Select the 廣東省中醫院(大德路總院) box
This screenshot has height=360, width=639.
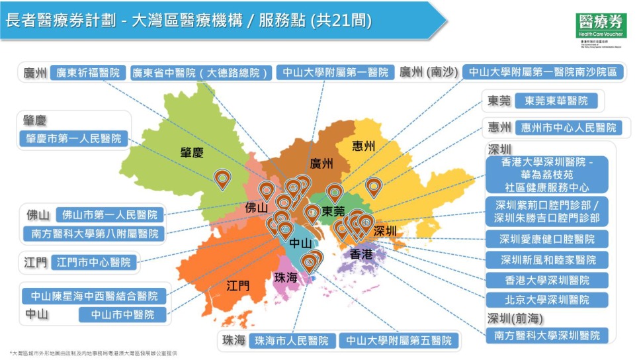click(x=200, y=72)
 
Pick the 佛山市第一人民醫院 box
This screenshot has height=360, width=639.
click(x=110, y=215)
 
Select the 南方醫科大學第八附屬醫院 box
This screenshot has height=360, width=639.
click(x=95, y=234)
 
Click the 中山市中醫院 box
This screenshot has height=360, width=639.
click(x=122, y=314)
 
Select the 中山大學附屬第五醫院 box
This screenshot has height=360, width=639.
click(x=399, y=341)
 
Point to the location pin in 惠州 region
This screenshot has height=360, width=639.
click(x=374, y=187)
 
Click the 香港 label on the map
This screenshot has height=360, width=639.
click(x=361, y=254)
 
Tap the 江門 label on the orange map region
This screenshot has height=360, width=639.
click(x=237, y=286)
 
